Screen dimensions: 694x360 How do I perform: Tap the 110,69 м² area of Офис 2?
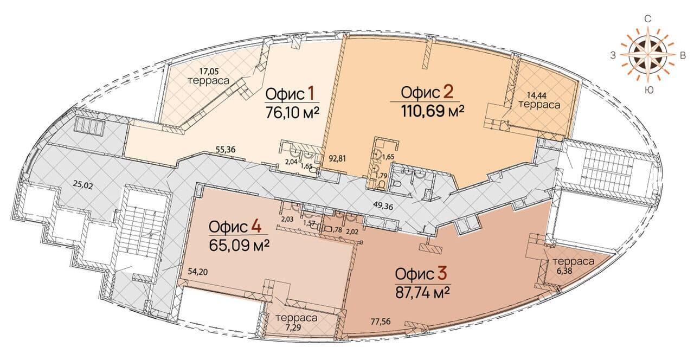(x=433, y=111)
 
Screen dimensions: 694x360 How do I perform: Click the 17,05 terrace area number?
(x=209, y=71)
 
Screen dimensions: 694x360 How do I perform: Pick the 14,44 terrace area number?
(x=537, y=95)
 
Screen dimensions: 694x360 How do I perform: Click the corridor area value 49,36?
(x=383, y=206)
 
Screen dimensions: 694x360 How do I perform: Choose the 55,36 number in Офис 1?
(x=225, y=150)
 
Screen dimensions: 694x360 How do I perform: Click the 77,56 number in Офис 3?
(x=381, y=322)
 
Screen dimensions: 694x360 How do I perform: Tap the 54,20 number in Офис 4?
(x=198, y=272)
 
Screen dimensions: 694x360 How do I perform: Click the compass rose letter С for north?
(x=647, y=19)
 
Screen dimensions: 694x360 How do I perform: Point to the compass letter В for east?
(x=682, y=55)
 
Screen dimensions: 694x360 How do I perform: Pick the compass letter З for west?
(x=613, y=55)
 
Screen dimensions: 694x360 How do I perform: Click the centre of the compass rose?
(x=647, y=55)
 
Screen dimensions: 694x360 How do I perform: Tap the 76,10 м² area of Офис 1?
(x=292, y=112)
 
